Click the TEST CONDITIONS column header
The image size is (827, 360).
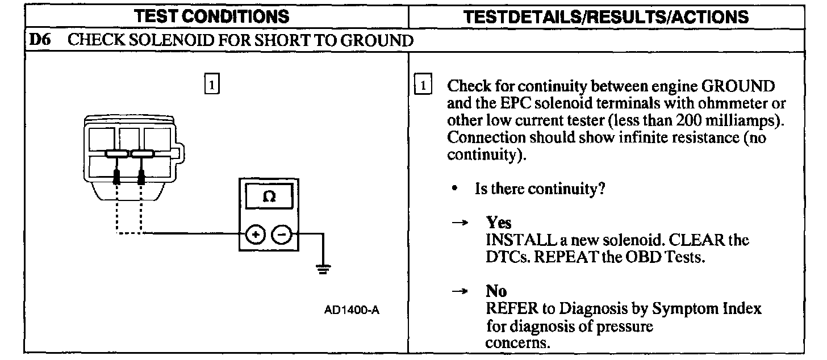[x=216, y=16]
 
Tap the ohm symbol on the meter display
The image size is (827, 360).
[x=269, y=197]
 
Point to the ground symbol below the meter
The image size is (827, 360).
[x=323, y=269]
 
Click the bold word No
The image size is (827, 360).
[x=496, y=292]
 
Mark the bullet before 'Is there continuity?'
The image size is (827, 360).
[x=456, y=188]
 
